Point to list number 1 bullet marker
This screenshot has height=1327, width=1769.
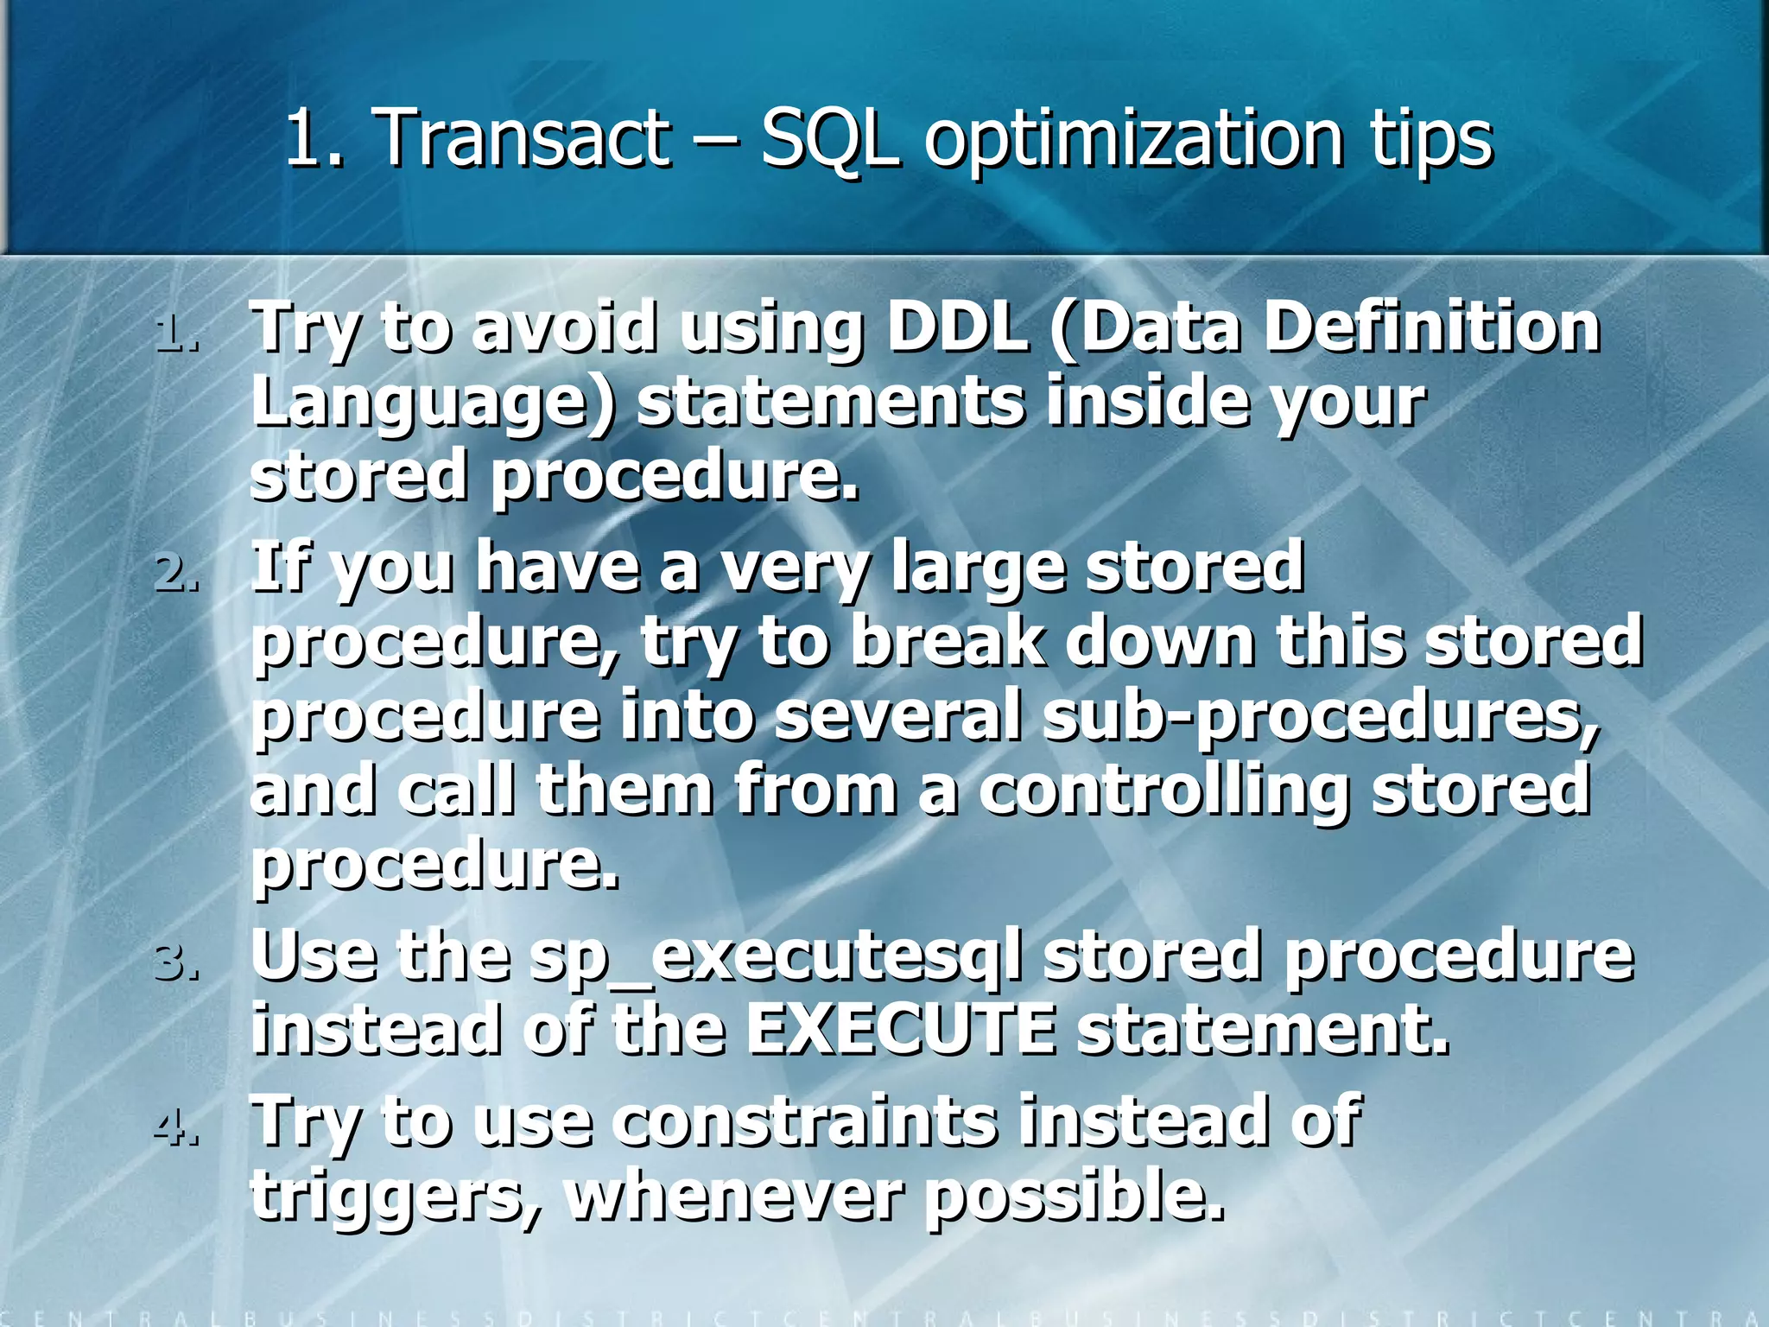pyautogui.click(x=177, y=333)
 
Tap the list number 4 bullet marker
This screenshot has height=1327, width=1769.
pyautogui.click(x=177, y=1127)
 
